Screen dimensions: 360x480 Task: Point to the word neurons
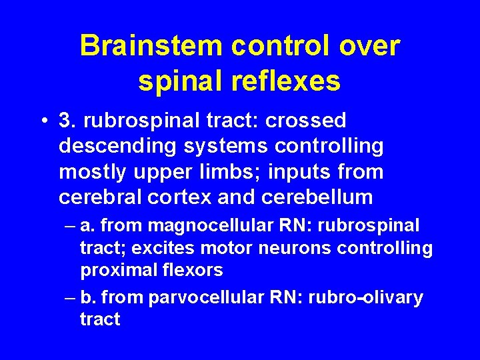pos(299,249)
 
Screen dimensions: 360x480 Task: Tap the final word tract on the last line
pos(100,319)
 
